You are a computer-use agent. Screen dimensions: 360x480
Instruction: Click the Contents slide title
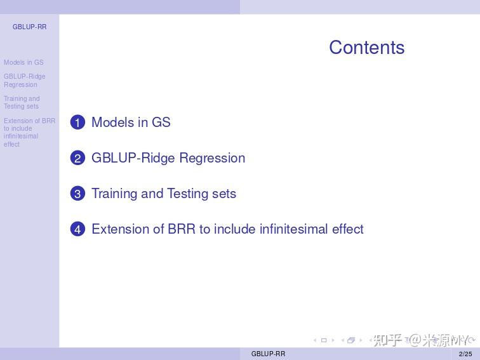pyautogui.click(x=366, y=48)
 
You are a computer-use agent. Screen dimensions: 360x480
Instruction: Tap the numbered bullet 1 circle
pyautogui.click(x=77, y=123)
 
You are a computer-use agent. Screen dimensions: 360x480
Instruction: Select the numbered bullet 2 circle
pyautogui.click(x=77, y=158)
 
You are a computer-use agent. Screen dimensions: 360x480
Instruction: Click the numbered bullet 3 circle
pyautogui.click(x=77, y=194)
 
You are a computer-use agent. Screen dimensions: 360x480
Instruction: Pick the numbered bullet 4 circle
pyautogui.click(x=77, y=229)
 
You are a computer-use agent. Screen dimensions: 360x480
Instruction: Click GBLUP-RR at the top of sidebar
pyautogui.click(x=29, y=27)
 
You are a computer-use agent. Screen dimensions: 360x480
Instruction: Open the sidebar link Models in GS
pyautogui.click(x=23, y=62)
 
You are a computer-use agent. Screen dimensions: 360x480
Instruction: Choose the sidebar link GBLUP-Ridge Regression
pyautogui.click(x=24, y=81)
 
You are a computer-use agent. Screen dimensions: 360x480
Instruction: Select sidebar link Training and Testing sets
pyautogui.click(x=22, y=102)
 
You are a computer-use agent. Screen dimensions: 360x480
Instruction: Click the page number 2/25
pyautogui.click(x=465, y=354)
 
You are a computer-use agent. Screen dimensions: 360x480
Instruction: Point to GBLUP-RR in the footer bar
pyautogui.click(x=268, y=354)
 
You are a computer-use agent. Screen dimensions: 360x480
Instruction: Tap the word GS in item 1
pyautogui.click(x=161, y=123)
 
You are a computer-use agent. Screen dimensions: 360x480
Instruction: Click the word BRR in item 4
pyautogui.click(x=182, y=229)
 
